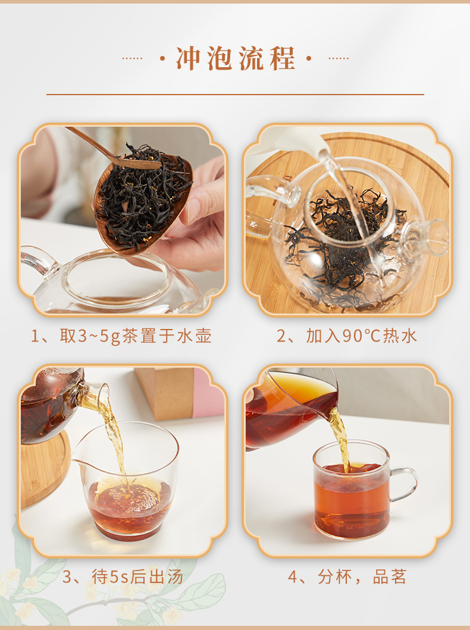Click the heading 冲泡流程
236,59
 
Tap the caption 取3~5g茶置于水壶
136,336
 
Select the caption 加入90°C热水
362,336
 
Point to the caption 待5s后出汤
137,577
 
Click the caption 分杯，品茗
362,577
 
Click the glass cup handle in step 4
404,484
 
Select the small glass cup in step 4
351,490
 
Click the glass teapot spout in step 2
426,237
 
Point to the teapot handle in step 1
38,261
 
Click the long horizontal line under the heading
235,95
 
